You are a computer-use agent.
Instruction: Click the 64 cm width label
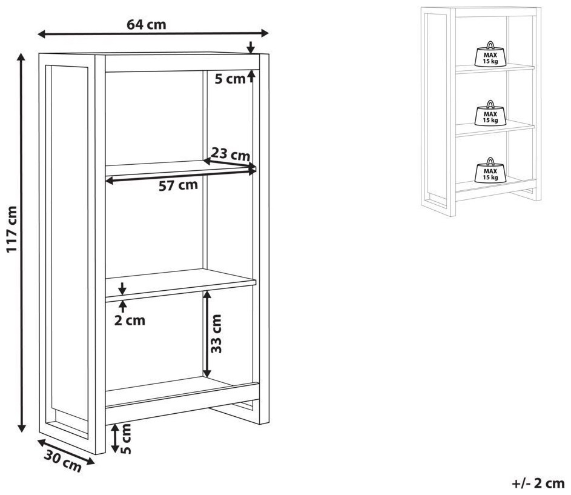147,24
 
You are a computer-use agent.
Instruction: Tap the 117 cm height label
12,229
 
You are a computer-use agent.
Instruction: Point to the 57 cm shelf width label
178,185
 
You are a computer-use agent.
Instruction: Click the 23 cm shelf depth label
231,154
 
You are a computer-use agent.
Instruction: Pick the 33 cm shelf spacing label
216,333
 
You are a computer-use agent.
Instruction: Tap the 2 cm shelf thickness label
130,321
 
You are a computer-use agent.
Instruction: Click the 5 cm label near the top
230,79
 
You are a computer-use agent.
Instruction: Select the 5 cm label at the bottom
125,438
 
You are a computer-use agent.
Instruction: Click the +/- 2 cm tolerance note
538,483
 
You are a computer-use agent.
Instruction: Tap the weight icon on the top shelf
490,54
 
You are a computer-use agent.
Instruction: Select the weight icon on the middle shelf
490,113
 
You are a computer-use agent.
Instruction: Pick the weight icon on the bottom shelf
490,170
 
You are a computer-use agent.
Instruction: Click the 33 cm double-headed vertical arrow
207,334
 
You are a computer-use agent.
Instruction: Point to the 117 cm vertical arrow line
22,242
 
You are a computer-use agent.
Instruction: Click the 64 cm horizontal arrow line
153,34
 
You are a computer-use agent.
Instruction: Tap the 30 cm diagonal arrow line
66,452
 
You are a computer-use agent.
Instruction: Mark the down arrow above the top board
250,47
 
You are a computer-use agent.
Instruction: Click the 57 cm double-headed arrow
181,175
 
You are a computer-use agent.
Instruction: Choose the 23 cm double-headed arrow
229,164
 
